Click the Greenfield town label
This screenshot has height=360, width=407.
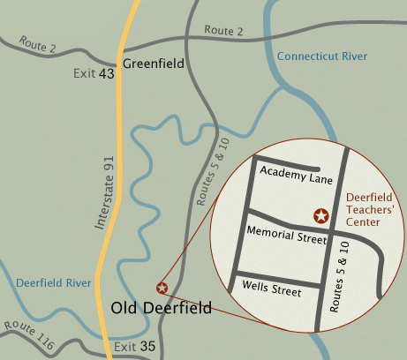[x=152, y=64]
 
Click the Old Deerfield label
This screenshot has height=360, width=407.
[x=162, y=308]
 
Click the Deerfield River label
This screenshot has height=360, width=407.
[x=54, y=283]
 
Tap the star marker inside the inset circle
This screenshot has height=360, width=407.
[x=321, y=215]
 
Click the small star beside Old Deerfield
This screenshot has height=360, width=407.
[x=162, y=288]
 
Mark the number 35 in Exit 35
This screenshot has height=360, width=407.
[x=149, y=346]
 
